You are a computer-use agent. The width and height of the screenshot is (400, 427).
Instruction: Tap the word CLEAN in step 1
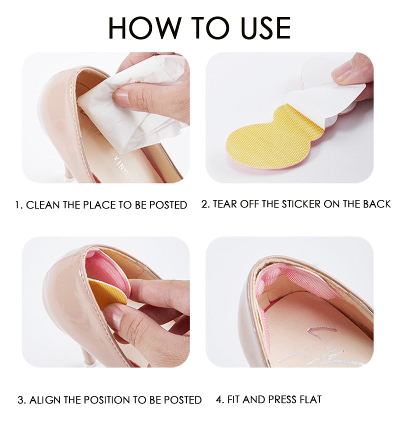(43, 205)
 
